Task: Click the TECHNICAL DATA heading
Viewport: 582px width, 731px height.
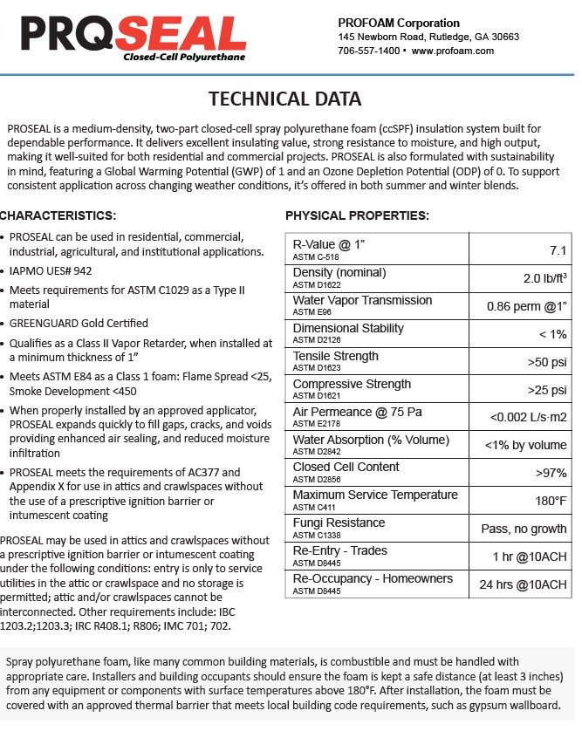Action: pyautogui.click(x=285, y=99)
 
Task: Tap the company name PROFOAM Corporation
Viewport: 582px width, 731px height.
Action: pyautogui.click(x=399, y=22)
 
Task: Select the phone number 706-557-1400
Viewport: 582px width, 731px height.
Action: pyautogui.click(x=369, y=51)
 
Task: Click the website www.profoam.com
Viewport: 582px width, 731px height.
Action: pyautogui.click(x=453, y=51)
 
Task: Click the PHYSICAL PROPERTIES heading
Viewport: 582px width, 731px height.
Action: pyautogui.click(x=357, y=215)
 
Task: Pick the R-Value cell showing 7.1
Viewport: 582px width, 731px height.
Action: pyautogui.click(x=558, y=250)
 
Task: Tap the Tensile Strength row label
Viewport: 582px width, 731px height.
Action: pyautogui.click(x=336, y=356)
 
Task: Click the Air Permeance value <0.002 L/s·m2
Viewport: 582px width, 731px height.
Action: pyautogui.click(x=528, y=417)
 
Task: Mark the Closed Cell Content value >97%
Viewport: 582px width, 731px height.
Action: pyautogui.click(x=551, y=473)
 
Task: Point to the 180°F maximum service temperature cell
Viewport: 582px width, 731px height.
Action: pyautogui.click(x=551, y=501)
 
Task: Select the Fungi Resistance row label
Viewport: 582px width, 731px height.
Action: pyautogui.click(x=339, y=523)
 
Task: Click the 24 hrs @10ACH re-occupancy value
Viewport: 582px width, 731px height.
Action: pyautogui.click(x=524, y=584)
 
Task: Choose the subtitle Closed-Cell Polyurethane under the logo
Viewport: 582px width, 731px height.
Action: pyautogui.click(x=184, y=57)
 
